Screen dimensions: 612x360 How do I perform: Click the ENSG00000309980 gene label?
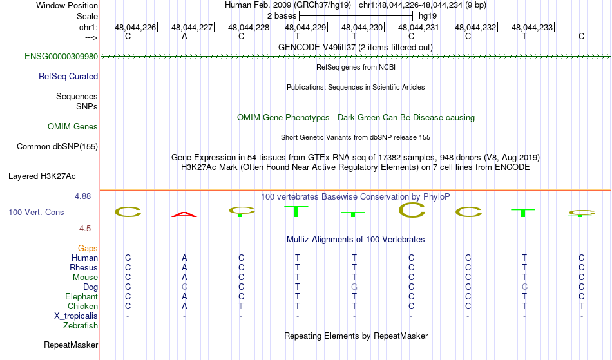coord(61,57)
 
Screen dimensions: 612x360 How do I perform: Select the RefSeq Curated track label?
coord(68,77)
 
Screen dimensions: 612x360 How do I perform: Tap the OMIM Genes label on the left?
coord(73,127)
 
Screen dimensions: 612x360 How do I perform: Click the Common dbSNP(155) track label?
coord(57,147)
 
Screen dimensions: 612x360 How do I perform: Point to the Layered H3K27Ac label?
coord(42,176)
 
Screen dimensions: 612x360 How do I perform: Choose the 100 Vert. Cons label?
coord(36,212)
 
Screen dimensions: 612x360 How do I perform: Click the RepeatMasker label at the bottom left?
coord(71,345)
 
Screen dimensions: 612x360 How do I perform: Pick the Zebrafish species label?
coord(81,326)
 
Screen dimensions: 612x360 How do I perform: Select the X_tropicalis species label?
coord(76,316)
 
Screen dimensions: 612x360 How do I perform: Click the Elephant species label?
coord(82,297)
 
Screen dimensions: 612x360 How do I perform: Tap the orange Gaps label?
coord(88,249)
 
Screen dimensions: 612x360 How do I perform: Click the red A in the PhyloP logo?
coord(184,214)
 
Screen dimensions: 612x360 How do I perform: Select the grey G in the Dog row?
coord(354,287)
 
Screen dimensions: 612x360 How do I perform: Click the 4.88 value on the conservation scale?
coord(82,196)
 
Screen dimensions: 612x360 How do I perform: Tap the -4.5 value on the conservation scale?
coord(84,229)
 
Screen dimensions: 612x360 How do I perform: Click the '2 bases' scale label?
coord(282,16)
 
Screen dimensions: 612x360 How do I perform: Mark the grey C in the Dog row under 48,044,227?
coord(184,287)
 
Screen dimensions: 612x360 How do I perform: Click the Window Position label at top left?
coord(67,5)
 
